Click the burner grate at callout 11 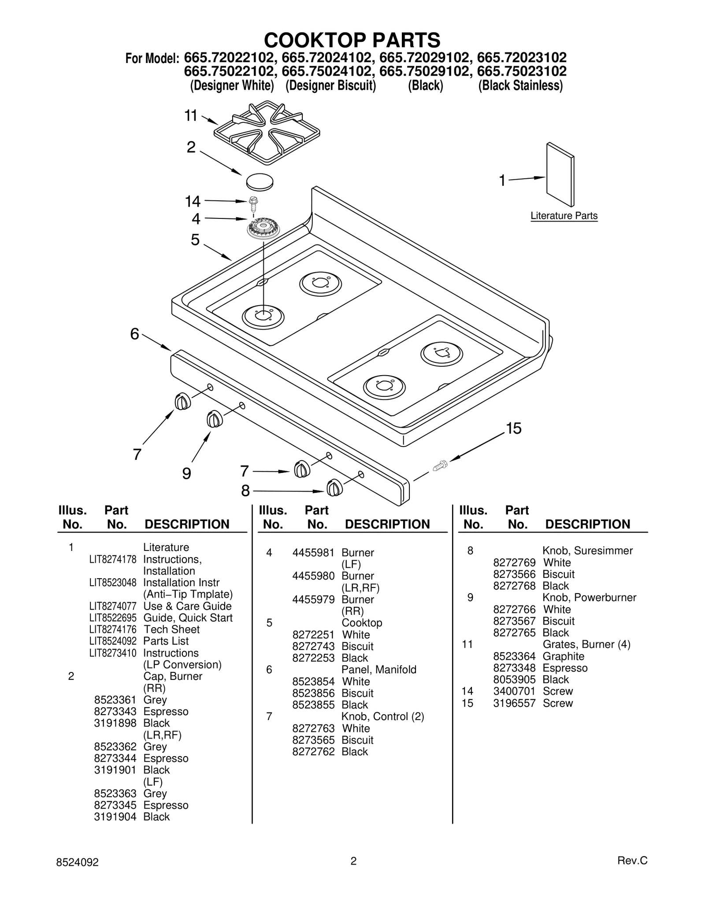(267, 133)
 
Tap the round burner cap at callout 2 (260, 181)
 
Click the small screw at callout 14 (254, 202)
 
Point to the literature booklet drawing (560, 174)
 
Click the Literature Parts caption (564, 216)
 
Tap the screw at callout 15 (440, 465)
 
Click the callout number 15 (513, 428)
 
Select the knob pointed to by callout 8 (334, 488)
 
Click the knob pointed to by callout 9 (214, 419)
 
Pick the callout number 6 (134, 334)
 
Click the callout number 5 (195, 240)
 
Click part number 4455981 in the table (313, 553)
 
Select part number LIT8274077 (113, 606)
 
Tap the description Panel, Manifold (378, 670)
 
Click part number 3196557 (514, 703)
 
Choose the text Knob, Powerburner (589, 598)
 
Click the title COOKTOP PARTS (352, 40)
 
